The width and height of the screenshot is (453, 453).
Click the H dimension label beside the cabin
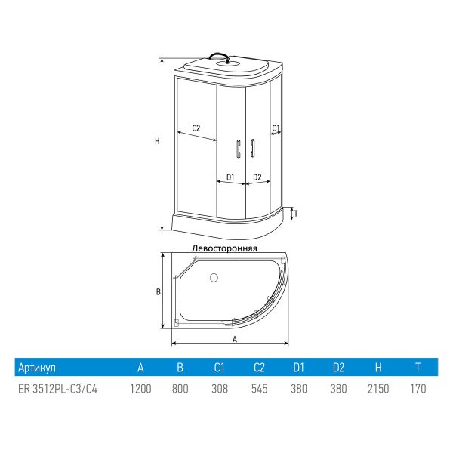(157, 141)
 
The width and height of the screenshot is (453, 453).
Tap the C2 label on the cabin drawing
(196, 128)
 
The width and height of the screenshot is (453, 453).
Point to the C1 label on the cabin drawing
(276, 128)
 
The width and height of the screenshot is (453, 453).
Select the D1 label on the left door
(230, 177)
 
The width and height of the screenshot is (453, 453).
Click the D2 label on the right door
(257, 177)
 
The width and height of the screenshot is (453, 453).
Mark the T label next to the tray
(296, 214)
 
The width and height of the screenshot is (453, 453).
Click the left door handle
(239, 149)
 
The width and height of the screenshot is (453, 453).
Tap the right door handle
(252, 149)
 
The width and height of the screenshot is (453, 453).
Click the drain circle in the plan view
(214, 278)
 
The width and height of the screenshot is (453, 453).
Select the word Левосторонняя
(224, 248)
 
